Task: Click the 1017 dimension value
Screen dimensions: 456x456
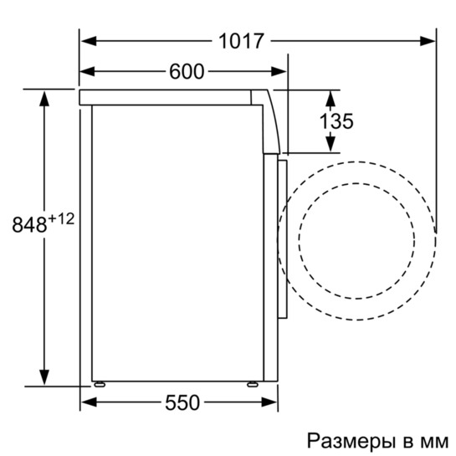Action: pyautogui.click(x=243, y=39)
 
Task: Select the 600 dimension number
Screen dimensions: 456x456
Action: pyautogui.click(x=187, y=72)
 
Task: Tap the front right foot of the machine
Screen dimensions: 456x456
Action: pyautogui.click(x=250, y=384)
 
